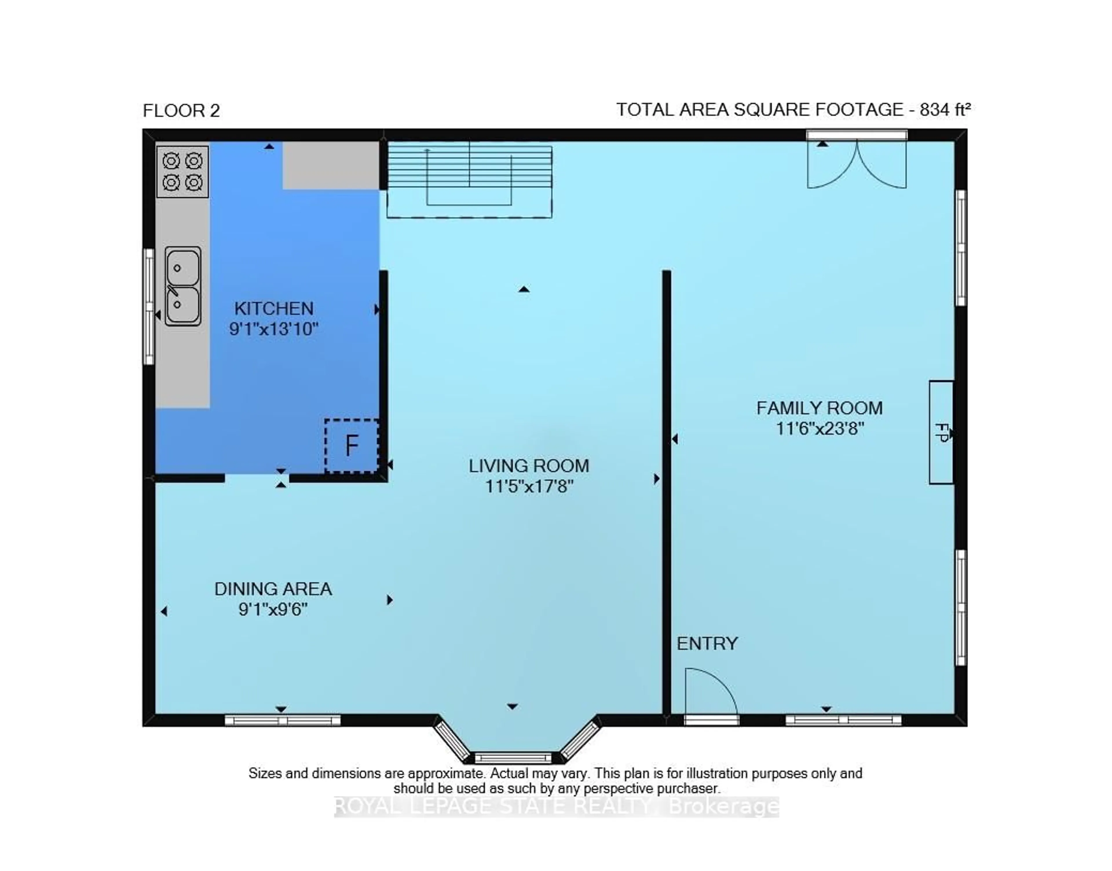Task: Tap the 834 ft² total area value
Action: point(944,110)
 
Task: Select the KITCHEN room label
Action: point(274,308)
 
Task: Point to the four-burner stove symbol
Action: point(182,172)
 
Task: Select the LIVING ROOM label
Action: point(529,466)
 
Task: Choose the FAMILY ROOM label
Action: point(819,408)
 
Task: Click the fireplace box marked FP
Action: point(941,432)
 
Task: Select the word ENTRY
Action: point(707,644)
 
